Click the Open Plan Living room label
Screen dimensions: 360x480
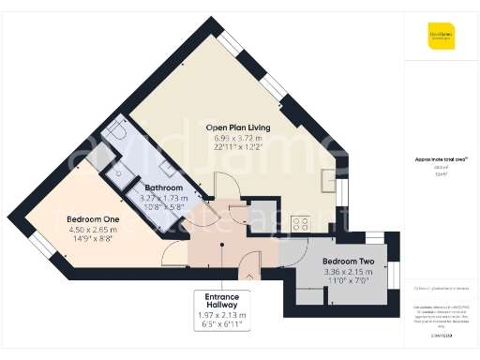(238, 127)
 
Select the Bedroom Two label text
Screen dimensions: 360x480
(348, 261)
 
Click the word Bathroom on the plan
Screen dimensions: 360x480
(164, 187)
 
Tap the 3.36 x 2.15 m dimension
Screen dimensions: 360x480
(348, 273)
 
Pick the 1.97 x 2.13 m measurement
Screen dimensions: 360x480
(222, 315)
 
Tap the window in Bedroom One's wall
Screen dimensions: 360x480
(43, 247)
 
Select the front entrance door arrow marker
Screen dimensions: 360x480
(247, 276)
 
